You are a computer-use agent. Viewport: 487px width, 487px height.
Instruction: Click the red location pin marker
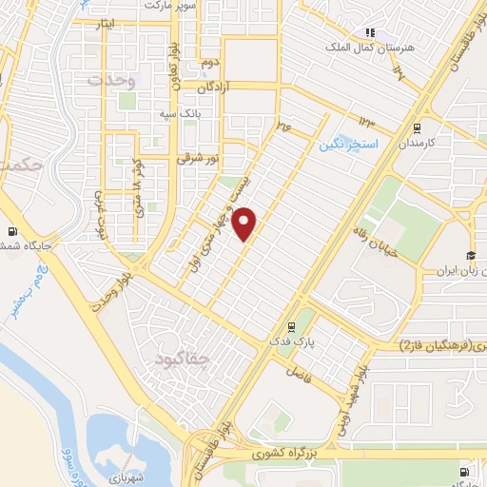pyautogui.click(x=245, y=224)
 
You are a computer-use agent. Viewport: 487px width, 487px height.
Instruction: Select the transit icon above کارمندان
pyautogui.click(x=417, y=127)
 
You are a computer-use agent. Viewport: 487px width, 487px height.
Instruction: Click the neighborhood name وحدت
pyautogui.click(x=112, y=81)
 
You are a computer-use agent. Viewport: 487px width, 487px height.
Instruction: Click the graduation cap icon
pyautogui.click(x=469, y=254)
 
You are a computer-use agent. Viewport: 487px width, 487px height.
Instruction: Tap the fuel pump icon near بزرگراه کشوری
pyautogui.click(x=463, y=472)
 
